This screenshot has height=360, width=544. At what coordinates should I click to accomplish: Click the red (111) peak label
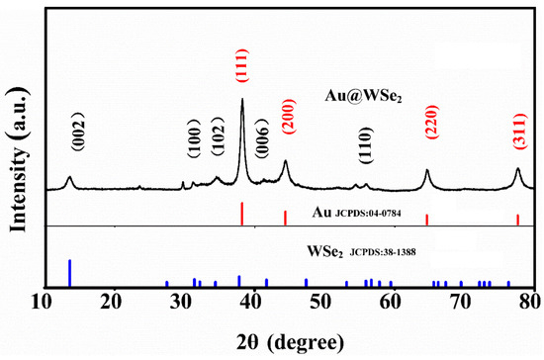[242, 68]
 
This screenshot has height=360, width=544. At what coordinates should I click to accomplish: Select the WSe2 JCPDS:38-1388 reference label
[363, 250]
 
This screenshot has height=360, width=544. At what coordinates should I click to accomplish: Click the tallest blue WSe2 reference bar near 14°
[69, 272]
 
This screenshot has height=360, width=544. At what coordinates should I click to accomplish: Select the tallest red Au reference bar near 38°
[242, 214]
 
